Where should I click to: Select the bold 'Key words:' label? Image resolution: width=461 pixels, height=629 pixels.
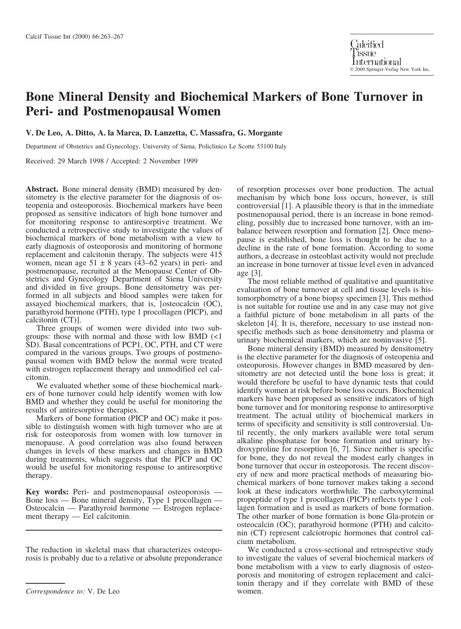pos(47,492)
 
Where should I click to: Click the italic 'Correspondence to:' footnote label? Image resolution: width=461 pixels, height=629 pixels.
pos(55,591)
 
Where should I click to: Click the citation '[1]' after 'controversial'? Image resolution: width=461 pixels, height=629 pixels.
pos(286,206)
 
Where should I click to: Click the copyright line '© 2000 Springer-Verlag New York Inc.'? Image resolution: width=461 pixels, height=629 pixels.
pos(390,70)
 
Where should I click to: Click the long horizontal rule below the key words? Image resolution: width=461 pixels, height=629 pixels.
pos(124,530)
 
